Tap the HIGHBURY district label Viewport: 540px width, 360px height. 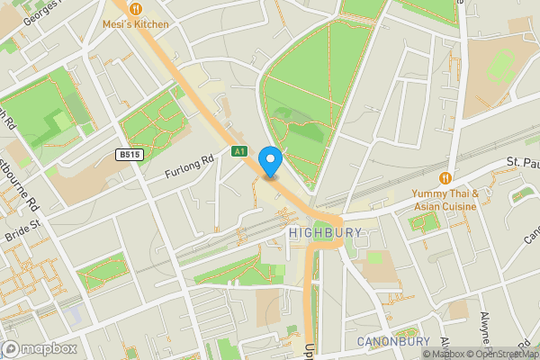[326, 232]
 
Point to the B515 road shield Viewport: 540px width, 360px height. [130, 155]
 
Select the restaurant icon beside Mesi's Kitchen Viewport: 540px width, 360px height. [135, 8]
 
